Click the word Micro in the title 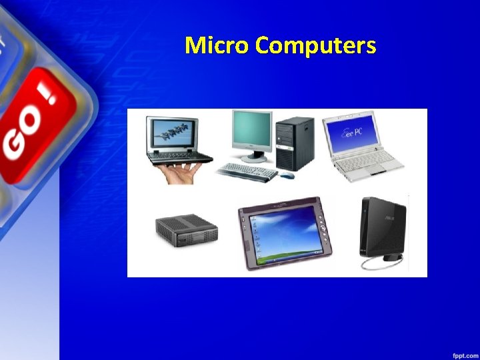[x=217, y=45]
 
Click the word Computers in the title [x=315, y=45]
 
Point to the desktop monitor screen [x=251, y=131]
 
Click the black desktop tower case [x=295, y=141]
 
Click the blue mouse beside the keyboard [x=287, y=175]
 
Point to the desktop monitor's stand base [x=254, y=158]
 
